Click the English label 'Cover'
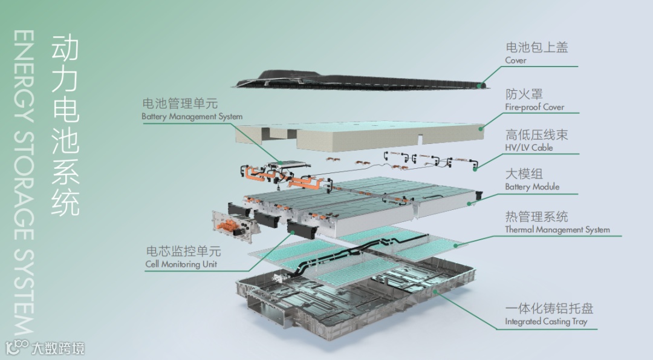516,61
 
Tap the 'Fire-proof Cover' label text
534,107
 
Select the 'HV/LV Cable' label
529,148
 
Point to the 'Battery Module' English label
532,187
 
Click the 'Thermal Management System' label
557,229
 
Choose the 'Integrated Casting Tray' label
546,322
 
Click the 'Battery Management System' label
192,117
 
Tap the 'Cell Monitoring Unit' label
181,264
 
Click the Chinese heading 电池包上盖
537,47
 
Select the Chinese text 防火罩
524,94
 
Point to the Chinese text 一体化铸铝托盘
549,309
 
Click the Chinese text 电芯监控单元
183,251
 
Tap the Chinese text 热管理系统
537,216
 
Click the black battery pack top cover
358,80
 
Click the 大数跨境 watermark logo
45,348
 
